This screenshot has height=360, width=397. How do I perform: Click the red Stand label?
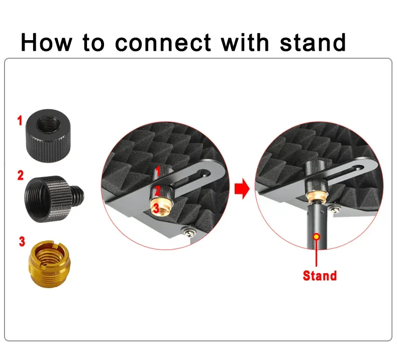point(320,276)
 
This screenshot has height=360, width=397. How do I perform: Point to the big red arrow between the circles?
point(242,188)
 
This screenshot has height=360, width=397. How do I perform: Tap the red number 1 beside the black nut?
point(20,121)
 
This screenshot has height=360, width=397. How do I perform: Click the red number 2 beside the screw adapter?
point(21,176)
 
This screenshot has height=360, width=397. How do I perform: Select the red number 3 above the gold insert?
point(22,242)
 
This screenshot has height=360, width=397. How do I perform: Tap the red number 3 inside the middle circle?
point(156,209)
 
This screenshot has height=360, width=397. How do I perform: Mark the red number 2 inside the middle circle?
point(157,191)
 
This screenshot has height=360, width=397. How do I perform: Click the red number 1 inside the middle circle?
point(158,171)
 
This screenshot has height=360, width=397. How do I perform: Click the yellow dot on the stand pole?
point(316,237)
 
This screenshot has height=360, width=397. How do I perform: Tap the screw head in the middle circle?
point(188,231)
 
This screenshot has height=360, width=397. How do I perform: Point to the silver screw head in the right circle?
point(336,209)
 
